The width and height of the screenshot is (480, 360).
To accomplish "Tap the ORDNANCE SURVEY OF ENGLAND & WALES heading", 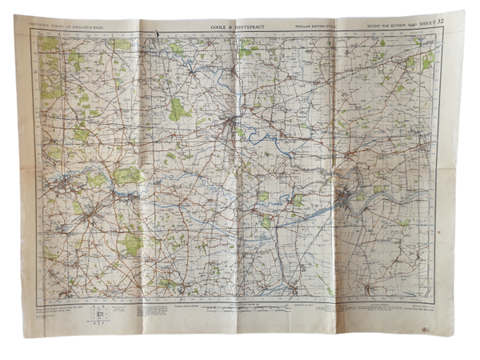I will point(69,30).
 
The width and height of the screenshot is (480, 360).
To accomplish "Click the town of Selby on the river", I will point(233,124).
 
